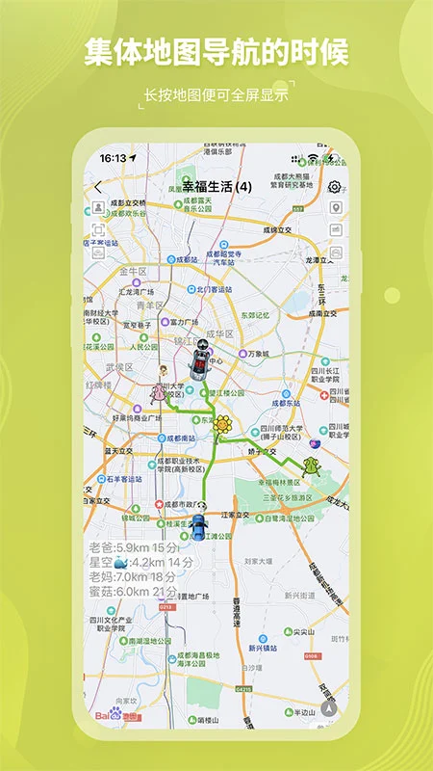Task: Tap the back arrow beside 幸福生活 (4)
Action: [x=97, y=186]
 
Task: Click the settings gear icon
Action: [x=335, y=187]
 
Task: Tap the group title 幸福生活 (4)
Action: [x=216, y=186]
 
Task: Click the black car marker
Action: [x=199, y=361]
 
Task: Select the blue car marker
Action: [x=198, y=527]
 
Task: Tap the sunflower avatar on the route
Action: [x=223, y=424]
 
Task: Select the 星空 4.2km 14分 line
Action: [x=140, y=562]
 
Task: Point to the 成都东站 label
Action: [x=289, y=394]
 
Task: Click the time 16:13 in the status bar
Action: [x=113, y=157]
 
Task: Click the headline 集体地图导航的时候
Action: [x=216, y=52]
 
